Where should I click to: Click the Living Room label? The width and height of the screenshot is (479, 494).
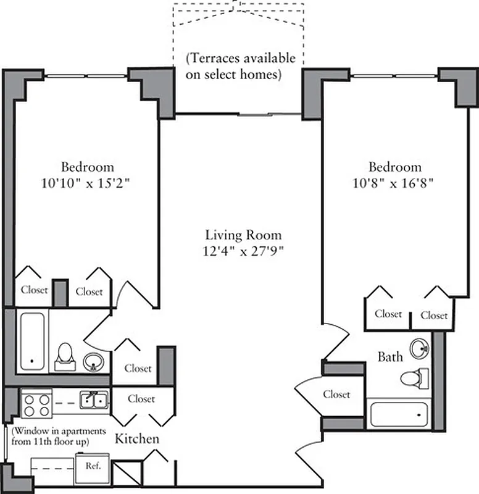[243, 235]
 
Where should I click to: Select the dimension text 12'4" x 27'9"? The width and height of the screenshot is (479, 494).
[243, 251]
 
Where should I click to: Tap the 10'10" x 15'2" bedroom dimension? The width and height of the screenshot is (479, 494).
[87, 183]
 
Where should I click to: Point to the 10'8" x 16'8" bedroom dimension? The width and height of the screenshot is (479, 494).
[395, 183]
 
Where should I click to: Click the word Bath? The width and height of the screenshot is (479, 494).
[390, 356]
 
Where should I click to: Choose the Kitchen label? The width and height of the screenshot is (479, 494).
[137, 439]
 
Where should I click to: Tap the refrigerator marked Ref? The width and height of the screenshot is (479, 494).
[92, 465]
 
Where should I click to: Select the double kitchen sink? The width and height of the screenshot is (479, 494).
[94, 401]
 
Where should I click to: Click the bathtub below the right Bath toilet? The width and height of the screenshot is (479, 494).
[398, 412]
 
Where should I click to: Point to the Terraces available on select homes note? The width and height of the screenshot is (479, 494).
[241, 67]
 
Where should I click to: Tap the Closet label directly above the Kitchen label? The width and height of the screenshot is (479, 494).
[141, 399]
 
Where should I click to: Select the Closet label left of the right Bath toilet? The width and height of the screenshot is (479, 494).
[336, 394]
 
